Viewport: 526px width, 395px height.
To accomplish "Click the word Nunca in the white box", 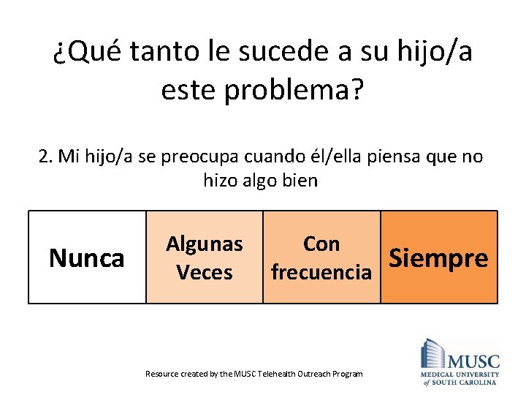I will pos(86,258).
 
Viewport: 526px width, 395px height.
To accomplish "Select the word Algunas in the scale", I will pos(205,244).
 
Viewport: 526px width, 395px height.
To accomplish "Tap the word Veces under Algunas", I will pos(205,272).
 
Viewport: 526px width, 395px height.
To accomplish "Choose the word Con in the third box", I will pos(321,244).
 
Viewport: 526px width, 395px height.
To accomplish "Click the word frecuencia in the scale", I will pos(321,272).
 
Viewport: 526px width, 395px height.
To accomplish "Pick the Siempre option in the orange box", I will pos(438,258).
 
